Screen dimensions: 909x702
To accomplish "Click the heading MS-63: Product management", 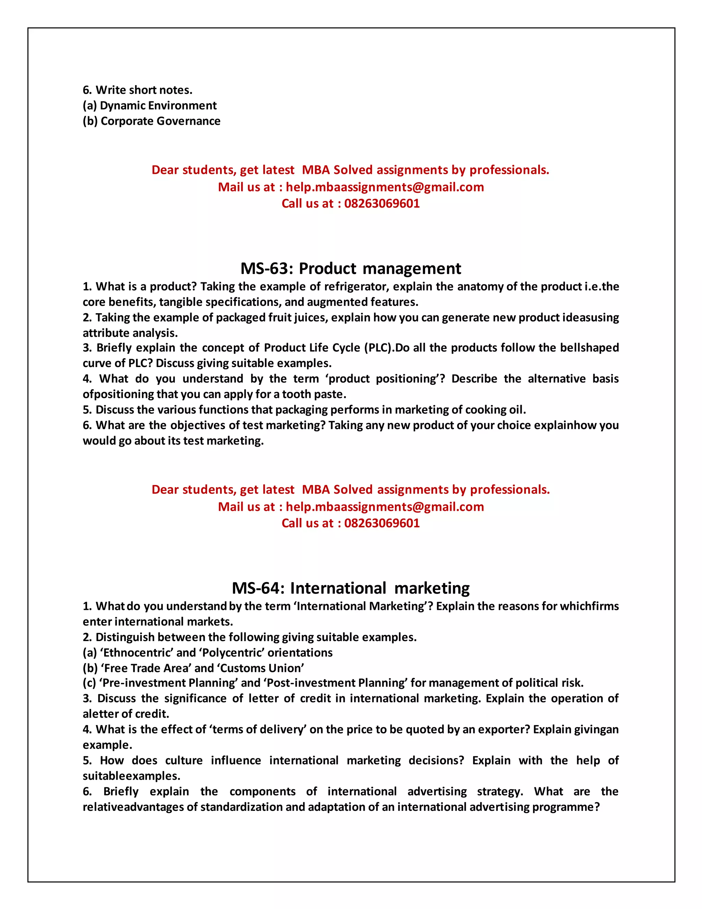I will click(x=351, y=269).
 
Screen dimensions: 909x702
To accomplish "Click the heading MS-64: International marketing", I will click(x=351, y=588).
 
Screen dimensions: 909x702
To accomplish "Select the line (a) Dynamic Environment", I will click(x=150, y=105).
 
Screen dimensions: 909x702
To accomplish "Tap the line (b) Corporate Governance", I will click(x=152, y=121).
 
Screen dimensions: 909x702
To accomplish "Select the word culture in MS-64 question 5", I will click(x=184, y=760).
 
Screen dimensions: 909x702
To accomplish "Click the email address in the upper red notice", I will click(x=385, y=187).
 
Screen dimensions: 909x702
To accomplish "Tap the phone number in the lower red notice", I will click(x=382, y=523).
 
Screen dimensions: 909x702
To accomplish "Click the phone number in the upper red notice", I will click(x=382, y=203).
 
